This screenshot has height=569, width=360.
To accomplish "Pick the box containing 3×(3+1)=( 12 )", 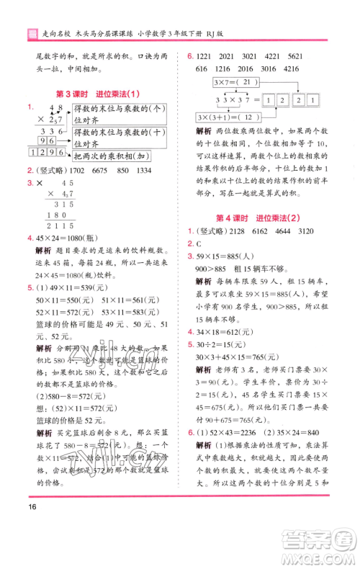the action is click(x=234, y=118).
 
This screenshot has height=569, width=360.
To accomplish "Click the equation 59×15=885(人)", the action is click(x=235, y=256).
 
